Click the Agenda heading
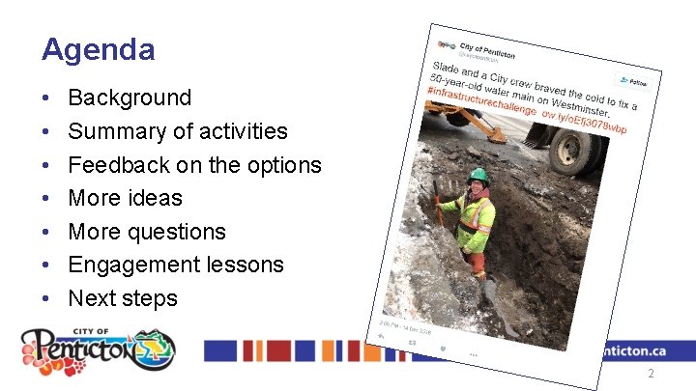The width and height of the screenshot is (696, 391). tap(98, 48)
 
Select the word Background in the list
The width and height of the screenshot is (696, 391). tap(130, 98)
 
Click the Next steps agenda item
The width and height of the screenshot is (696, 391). tap(123, 298)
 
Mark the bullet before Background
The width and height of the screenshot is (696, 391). tap(46, 98)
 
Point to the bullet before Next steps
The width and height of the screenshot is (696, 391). tap(46, 299)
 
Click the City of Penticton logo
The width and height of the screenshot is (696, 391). tap(99, 349)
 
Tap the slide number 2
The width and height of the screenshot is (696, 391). tap(651, 373)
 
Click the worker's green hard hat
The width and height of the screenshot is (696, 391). tap(477, 175)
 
